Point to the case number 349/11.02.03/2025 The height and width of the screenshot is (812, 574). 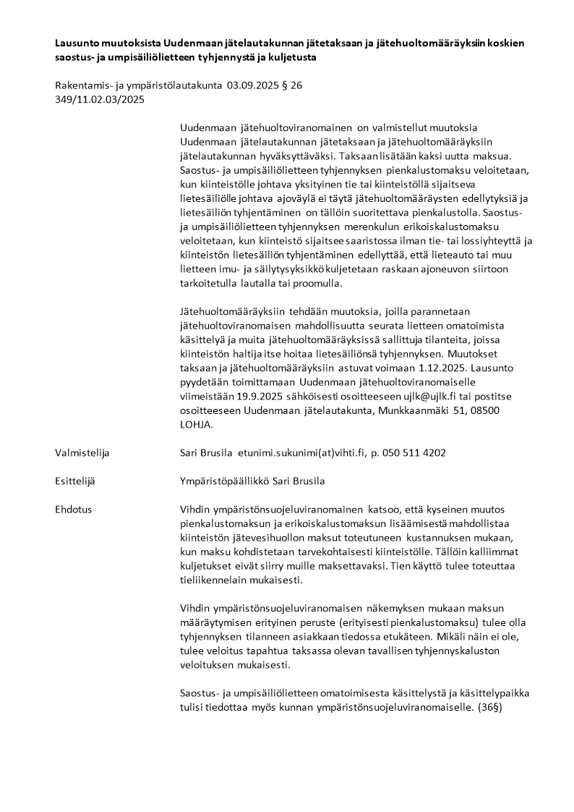tap(100, 100)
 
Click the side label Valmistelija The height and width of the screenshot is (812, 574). tap(82, 452)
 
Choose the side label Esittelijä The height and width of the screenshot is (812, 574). tap(75, 481)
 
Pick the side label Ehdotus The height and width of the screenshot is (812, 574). tap(74, 509)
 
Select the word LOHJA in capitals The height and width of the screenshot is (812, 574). tap(195, 424)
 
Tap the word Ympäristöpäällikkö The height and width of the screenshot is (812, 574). tap(225, 481)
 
